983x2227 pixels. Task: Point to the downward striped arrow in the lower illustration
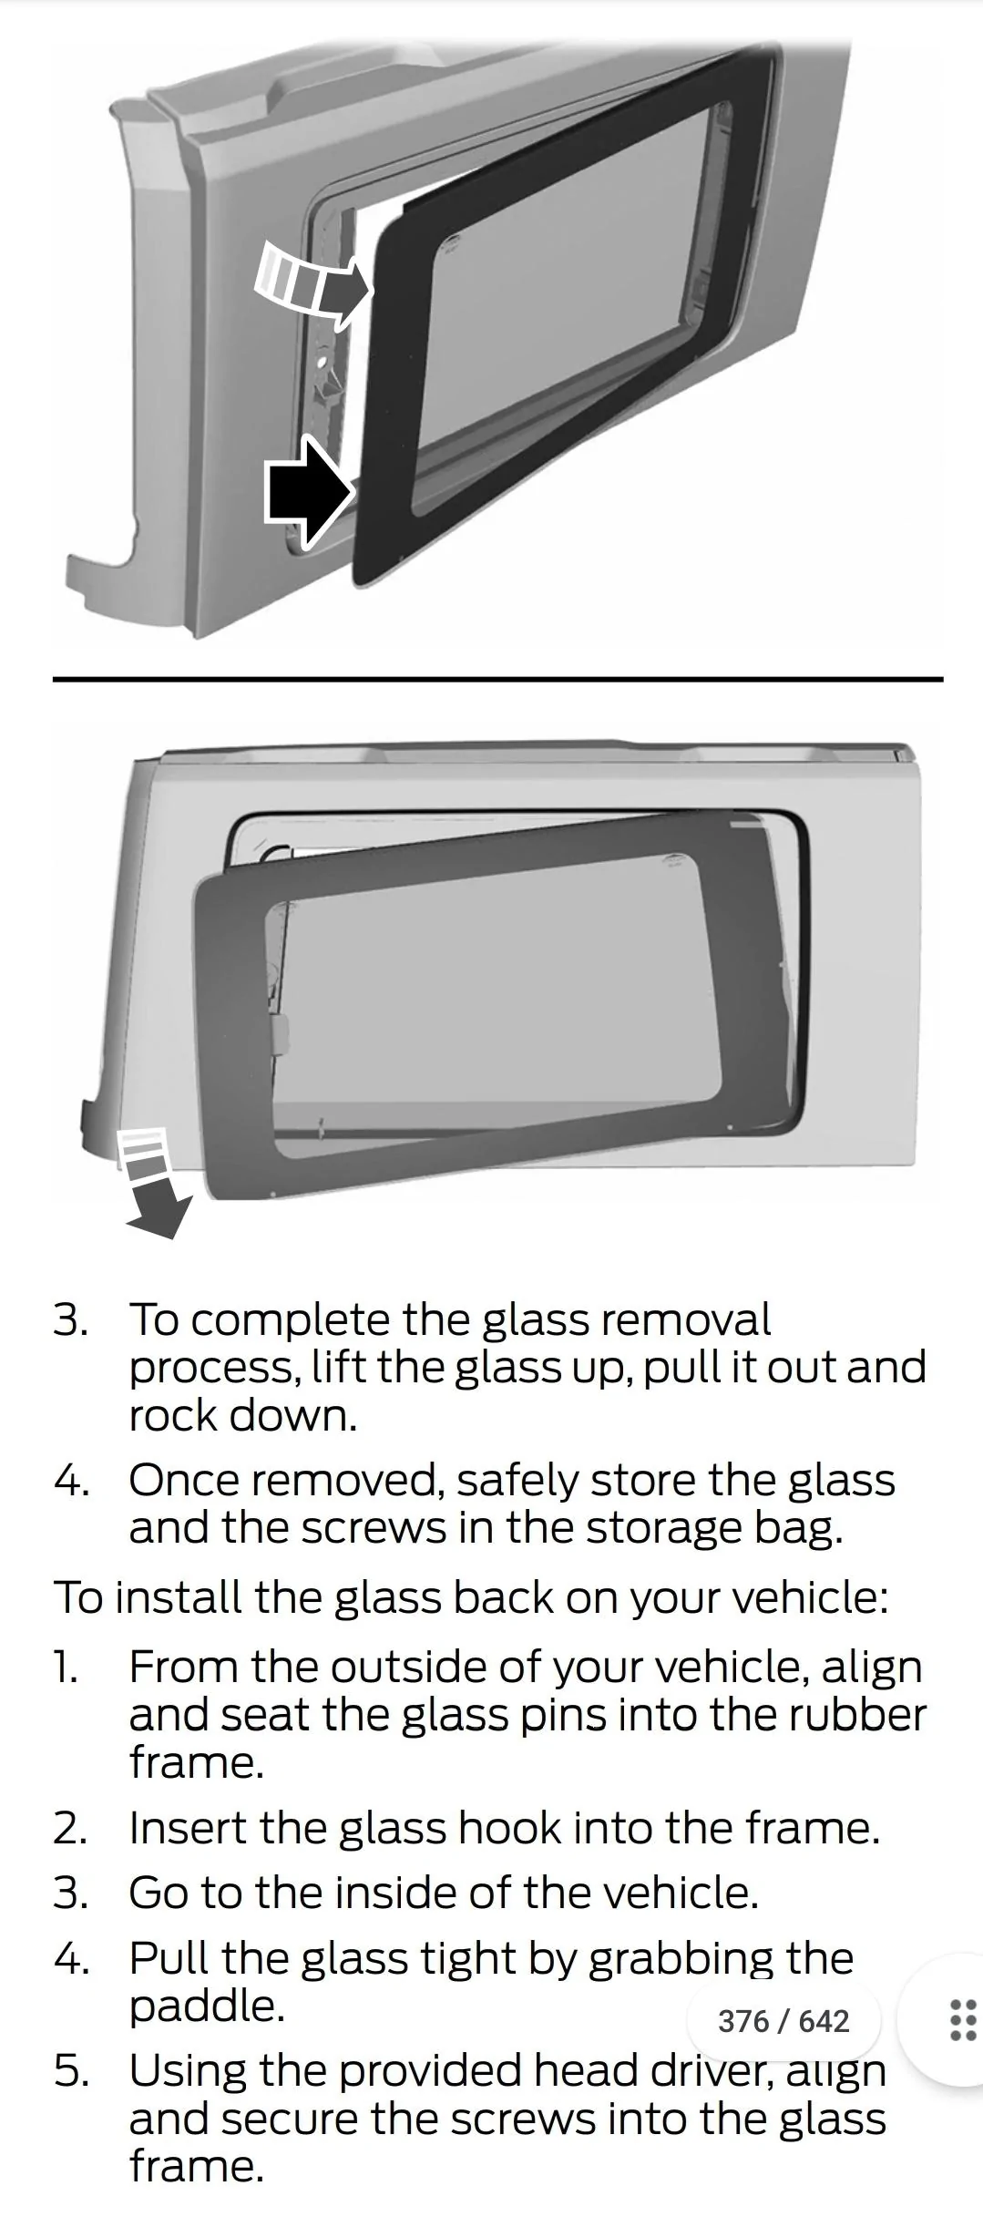pos(152,1183)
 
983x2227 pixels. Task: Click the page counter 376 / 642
pos(783,2021)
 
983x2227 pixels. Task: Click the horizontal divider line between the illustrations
pos(497,679)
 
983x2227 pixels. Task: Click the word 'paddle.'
pos(207,2008)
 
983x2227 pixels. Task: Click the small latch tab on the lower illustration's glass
pos(279,1033)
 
